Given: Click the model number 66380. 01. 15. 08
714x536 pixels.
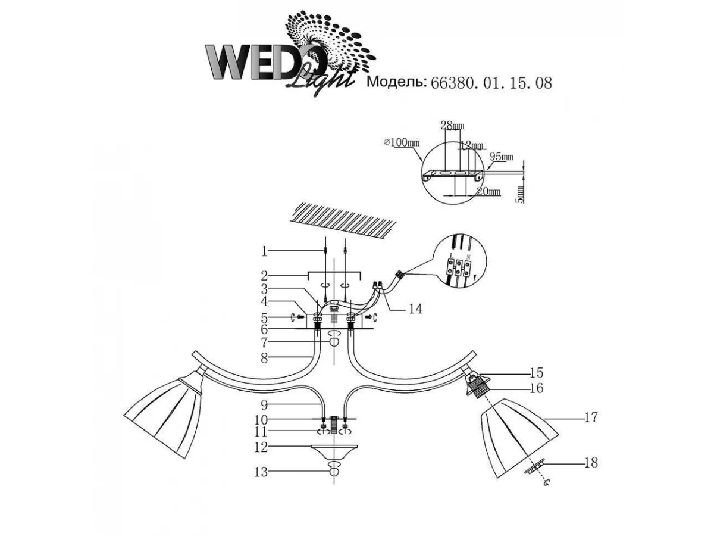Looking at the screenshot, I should (x=491, y=82).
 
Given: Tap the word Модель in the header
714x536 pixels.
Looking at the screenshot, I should (x=395, y=82).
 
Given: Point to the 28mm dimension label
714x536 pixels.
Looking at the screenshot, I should (x=453, y=125).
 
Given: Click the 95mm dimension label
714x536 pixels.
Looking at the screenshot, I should (x=501, y=157).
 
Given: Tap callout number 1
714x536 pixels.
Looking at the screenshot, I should (x=264, y=251).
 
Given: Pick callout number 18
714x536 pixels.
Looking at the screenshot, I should (x=590, y=462).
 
